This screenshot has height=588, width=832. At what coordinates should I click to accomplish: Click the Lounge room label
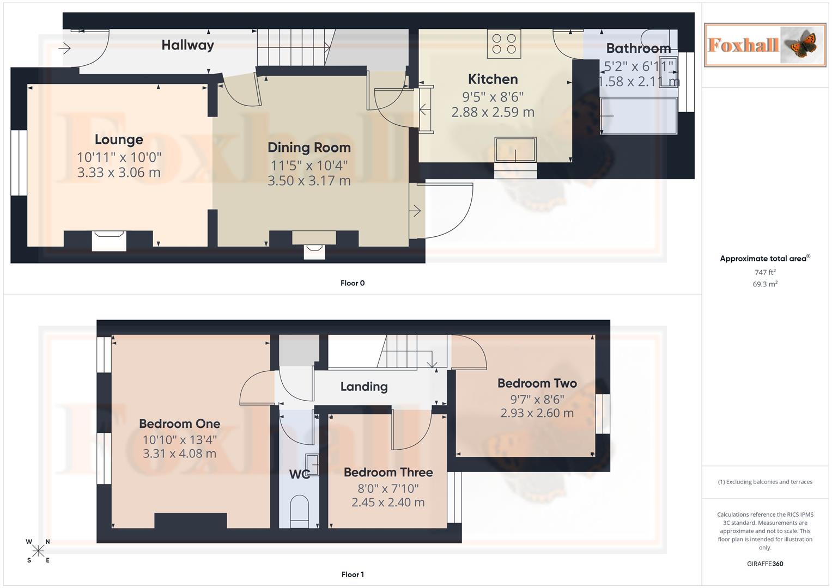119,140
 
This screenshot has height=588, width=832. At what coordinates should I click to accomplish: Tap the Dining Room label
309,148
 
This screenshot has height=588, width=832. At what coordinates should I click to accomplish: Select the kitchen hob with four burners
504,44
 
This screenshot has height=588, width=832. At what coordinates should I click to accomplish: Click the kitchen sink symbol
515,149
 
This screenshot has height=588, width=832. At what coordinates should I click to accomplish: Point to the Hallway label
187,45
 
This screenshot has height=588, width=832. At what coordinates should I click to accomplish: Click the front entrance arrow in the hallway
64,48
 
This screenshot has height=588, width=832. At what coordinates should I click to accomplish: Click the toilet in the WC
299,511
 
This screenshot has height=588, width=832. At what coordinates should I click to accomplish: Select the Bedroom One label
180,424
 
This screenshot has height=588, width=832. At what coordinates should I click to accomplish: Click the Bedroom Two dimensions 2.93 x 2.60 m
537,413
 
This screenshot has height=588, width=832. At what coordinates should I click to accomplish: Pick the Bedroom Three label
388,473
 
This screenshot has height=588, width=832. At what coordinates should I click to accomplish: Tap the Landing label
364,387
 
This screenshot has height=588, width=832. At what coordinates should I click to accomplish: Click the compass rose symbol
38,551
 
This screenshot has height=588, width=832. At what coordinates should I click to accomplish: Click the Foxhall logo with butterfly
764,45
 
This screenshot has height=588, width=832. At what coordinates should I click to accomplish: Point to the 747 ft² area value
765,272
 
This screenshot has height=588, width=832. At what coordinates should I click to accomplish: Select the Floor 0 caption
353,283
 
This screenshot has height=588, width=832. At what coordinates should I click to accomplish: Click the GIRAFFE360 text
765,564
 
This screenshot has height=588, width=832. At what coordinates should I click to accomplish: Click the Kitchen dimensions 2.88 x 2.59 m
493,112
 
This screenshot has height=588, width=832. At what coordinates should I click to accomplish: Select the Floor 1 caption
353,574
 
